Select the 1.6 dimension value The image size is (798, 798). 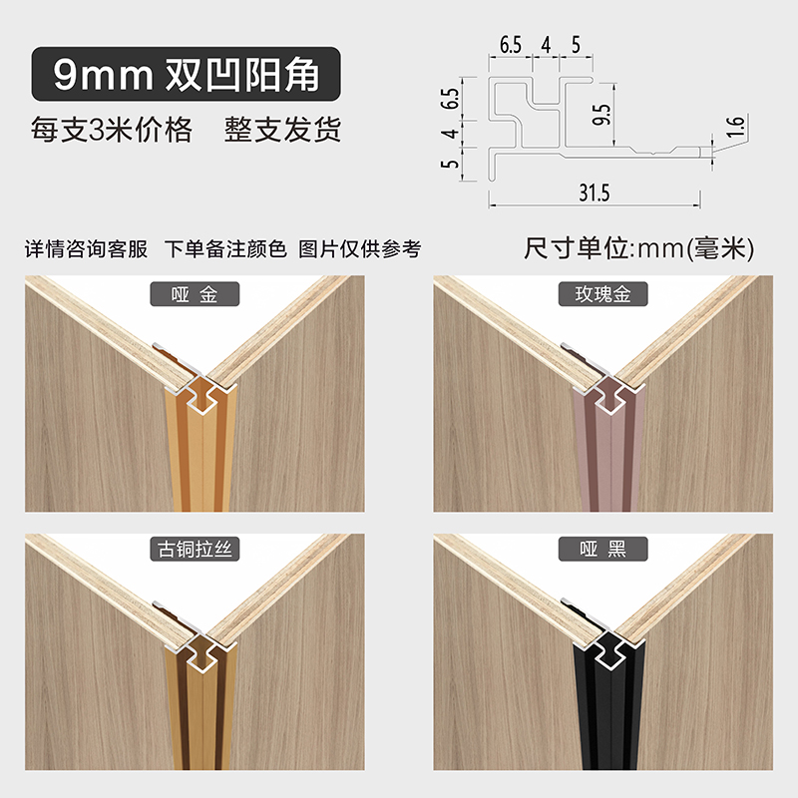tap(736, 127)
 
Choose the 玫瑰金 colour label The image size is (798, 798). tap(601, 294)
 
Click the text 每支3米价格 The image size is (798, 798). tap(111, 131)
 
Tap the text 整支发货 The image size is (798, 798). tap(283, 131)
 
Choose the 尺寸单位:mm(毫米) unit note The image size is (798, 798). tap(638, 248)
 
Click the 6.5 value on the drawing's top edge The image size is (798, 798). tap(511, 45)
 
